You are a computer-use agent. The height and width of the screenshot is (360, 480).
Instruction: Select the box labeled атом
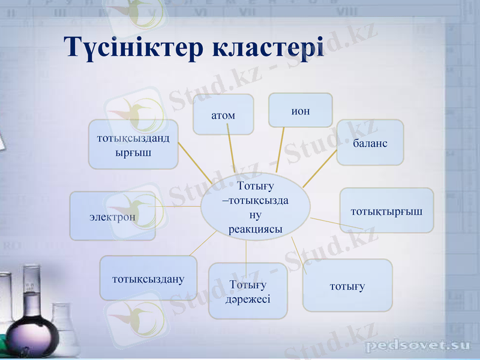coord(223,114)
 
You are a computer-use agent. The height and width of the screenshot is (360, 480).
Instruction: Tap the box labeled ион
coord(300,110)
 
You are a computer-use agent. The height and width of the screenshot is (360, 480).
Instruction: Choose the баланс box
coord(370,143)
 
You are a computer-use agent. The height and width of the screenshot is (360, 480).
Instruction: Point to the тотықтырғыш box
coord(386,211)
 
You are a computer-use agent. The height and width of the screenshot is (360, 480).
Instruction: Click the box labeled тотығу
coord(347,286)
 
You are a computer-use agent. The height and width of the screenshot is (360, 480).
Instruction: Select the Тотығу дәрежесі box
coord(248,291)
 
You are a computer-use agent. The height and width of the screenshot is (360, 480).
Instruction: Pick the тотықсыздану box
coord(148,278)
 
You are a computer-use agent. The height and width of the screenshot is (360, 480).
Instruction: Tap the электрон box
coord(113,217)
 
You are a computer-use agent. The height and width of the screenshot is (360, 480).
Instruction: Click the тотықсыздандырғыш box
coord(133,145)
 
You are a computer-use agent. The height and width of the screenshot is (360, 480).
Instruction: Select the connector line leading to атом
coord(231,153)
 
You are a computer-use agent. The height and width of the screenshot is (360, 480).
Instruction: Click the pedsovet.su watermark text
coord(418,346)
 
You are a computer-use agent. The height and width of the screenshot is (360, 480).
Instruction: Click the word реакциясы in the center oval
coord(256,229)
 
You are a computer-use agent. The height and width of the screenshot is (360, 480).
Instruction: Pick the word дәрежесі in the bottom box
coord(248,298)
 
